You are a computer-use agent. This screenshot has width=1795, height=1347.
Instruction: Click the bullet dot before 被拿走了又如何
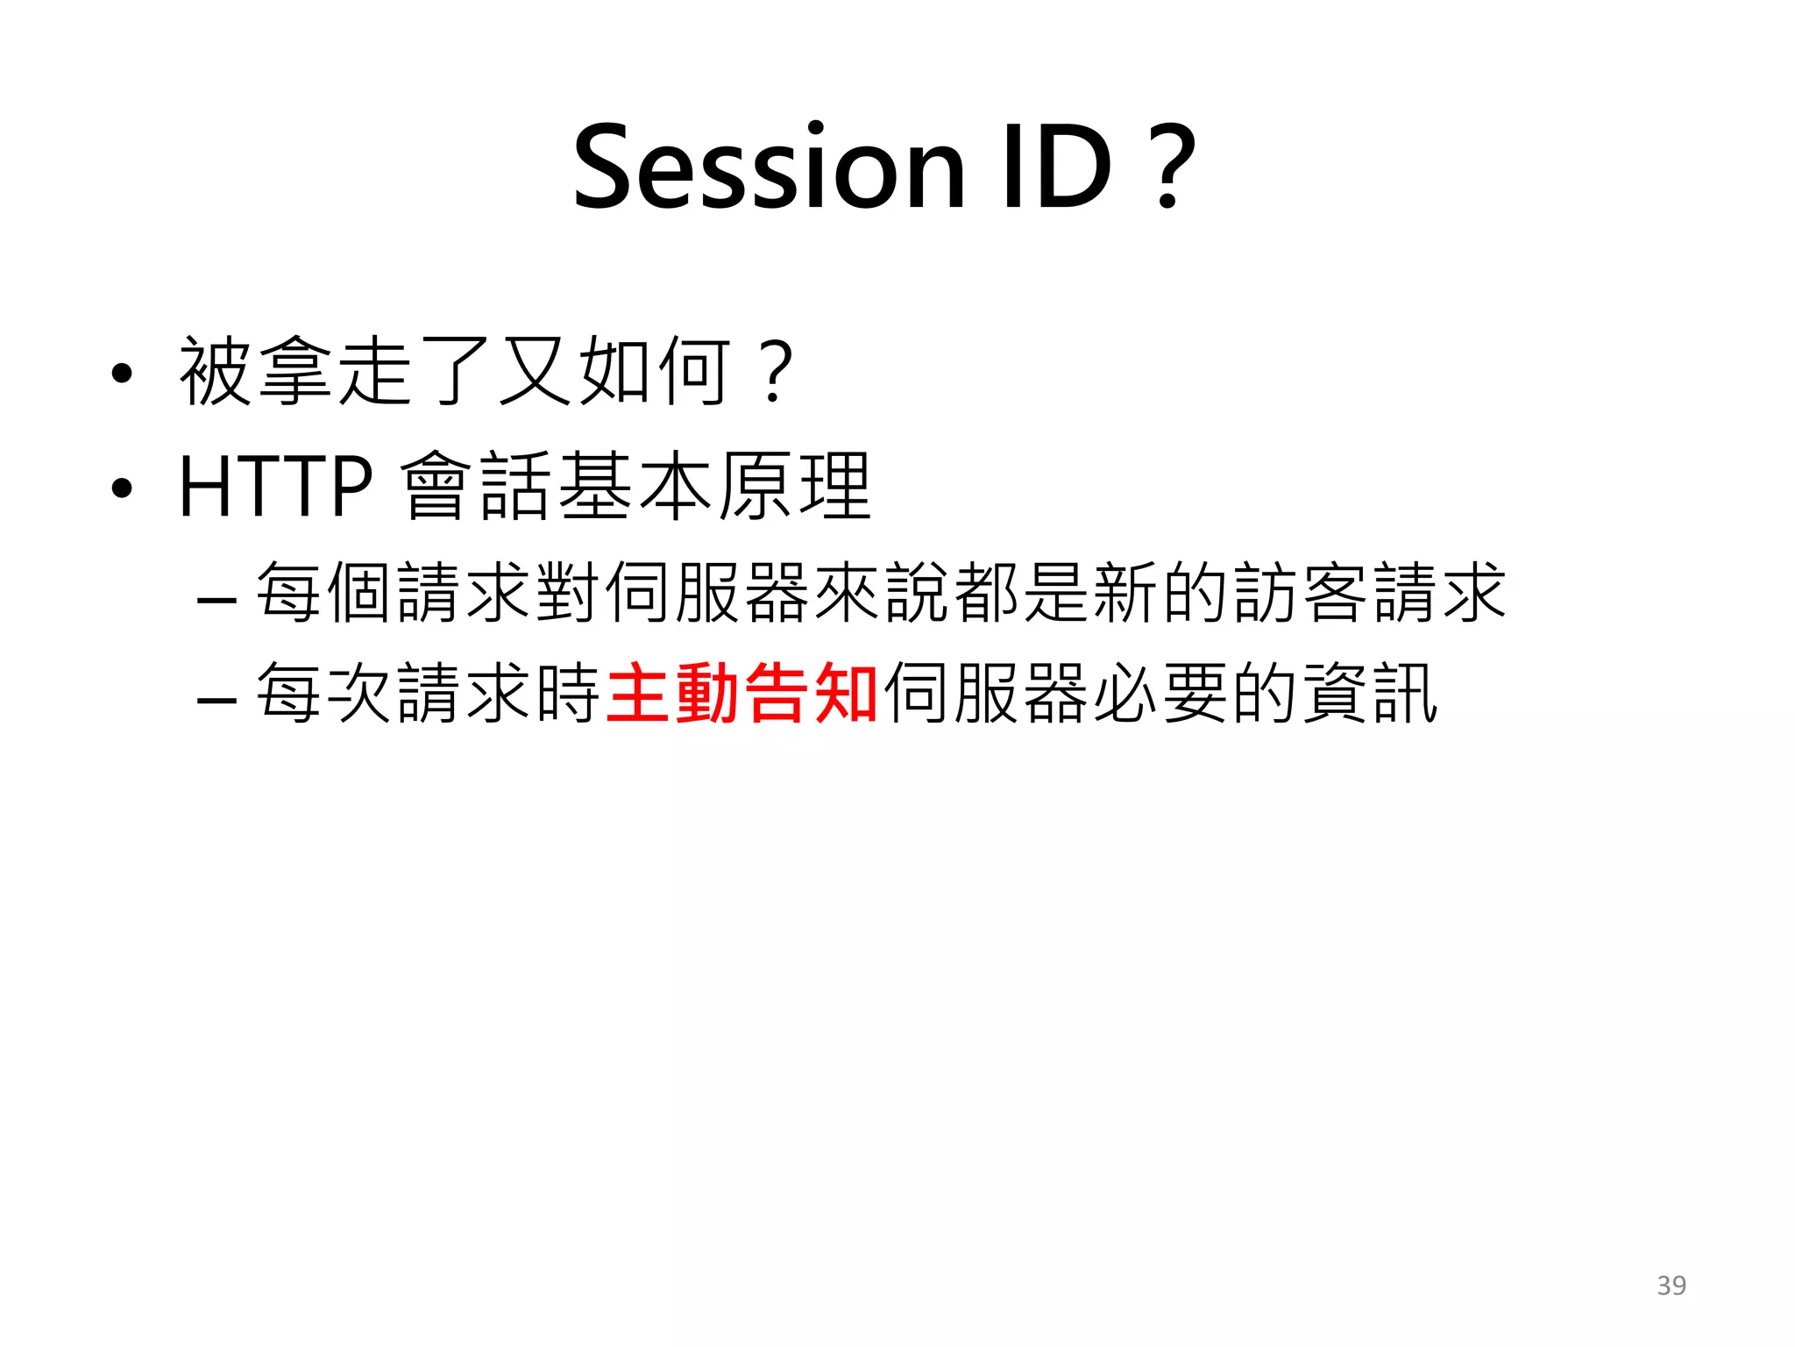(x=122, y=374)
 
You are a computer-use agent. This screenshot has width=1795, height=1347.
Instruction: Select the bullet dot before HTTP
(x=122, y=488)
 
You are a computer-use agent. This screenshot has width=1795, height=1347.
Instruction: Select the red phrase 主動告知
(x=741, y=693)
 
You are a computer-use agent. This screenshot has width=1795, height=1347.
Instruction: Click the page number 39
(x=1671, y=1285)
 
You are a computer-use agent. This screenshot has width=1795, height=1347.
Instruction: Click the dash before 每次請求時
(x=216, y=700)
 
